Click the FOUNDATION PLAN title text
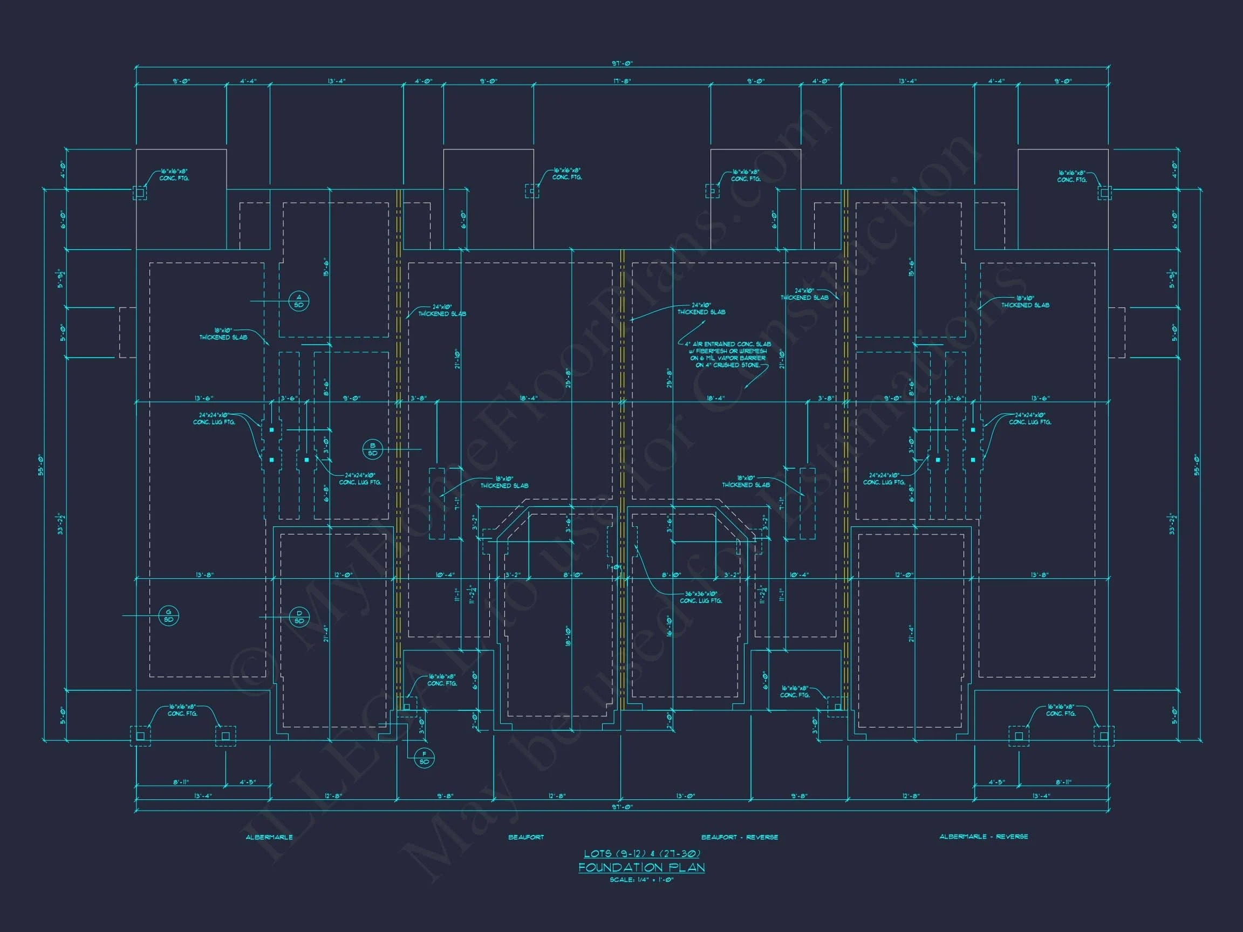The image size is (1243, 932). click(641, 867)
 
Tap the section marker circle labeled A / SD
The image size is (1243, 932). click(298, 301)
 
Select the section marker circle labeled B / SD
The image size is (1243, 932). click(373, 449)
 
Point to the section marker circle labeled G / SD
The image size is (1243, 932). click(168, 616)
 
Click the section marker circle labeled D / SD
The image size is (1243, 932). click(299, 617)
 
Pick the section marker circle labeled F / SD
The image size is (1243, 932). click(424, 758)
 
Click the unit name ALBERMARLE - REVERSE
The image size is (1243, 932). click(984, 837)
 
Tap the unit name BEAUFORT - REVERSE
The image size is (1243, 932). click(739, 837)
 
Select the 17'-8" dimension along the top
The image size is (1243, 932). click(621, 81)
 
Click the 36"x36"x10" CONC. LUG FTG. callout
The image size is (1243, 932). click(701, 597)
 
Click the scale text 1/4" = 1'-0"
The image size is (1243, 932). click(641, 880)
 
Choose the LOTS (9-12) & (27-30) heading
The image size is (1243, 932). click(641, 853)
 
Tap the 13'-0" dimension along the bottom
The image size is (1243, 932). click(685, 796)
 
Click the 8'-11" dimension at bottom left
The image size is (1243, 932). click(180, 782)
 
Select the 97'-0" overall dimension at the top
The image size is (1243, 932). click(621, 64)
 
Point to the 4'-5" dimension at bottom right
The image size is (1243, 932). click(996, 782)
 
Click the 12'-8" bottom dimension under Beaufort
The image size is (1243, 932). click(556, 796)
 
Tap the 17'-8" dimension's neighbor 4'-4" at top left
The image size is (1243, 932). click(248, 81)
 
